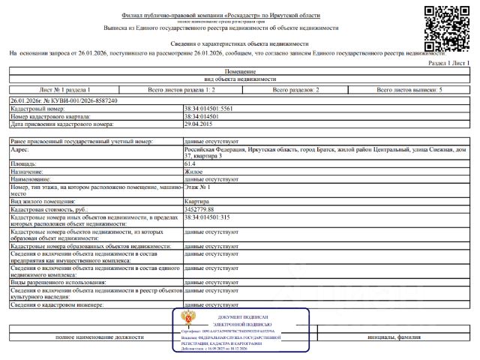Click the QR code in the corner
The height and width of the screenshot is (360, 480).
(448, 27)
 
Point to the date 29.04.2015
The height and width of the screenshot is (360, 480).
(199, 124)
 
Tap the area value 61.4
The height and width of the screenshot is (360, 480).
(190, 163)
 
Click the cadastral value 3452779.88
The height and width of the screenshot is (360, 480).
(203, 209)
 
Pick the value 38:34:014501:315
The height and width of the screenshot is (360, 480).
(207, 217)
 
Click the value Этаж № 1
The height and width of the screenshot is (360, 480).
(199, 187)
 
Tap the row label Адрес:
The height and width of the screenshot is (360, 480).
(20, 149)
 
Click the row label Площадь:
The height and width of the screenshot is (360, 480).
(25, 163)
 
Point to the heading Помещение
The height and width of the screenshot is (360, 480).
(240, 70)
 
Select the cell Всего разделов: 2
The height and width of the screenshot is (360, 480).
(295, 90)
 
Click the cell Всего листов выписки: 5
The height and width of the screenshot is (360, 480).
(409, 90)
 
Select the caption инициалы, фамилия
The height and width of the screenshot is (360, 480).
(391, 337)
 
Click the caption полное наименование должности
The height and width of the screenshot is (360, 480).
(100, 337)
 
